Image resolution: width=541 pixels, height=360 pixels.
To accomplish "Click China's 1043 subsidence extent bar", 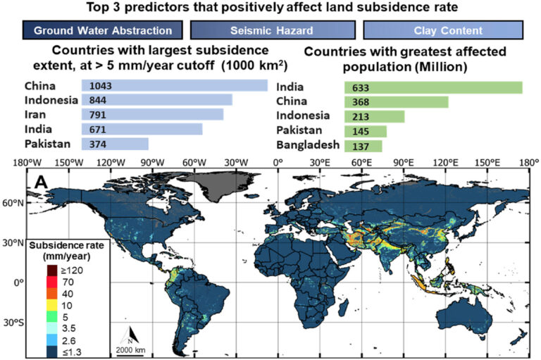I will [x=174, y=85].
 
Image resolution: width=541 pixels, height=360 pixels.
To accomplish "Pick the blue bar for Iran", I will [x=152, y=114].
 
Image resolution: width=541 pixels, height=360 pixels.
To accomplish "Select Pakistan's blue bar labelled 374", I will [x=115, y=144].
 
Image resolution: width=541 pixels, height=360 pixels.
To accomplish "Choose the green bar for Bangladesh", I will [x=362, y=146].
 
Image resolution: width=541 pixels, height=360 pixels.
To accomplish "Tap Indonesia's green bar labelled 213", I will [x=373, y=117].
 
